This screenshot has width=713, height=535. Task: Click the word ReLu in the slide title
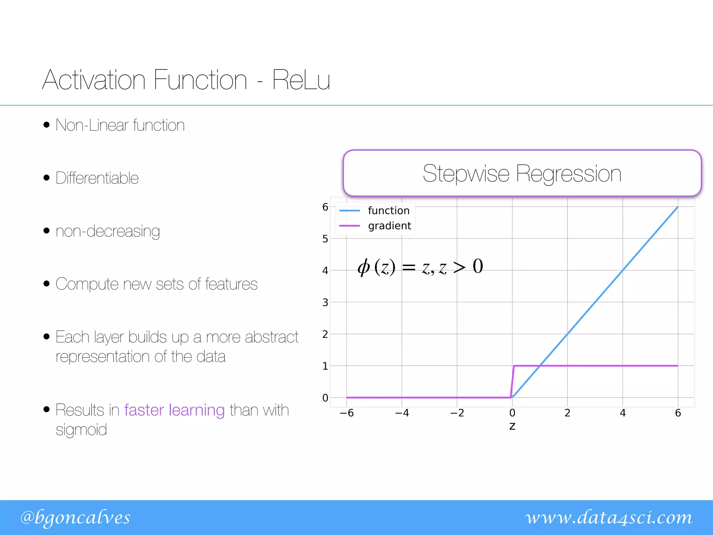(301, 80)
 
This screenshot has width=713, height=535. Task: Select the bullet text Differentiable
(97, 178)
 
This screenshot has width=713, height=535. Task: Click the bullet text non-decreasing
(108, 231)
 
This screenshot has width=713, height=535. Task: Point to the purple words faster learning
(174, 410)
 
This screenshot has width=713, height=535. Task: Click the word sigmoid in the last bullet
(81, 430)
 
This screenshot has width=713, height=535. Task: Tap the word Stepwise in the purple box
(466, 173)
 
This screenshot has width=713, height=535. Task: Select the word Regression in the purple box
(569, 173)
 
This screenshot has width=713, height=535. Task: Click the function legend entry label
(389, 211)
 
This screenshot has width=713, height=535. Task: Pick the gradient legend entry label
(390, 226)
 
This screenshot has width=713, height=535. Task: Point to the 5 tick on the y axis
(325, 239)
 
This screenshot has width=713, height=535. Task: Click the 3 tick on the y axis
(325, 302)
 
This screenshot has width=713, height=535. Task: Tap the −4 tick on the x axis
(402, 413)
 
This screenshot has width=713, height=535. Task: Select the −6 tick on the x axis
(346, 413)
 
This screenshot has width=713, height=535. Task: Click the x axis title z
(512, 426)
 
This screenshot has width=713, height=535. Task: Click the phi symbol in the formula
(364, 267)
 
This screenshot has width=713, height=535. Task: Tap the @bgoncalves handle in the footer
(75, 517)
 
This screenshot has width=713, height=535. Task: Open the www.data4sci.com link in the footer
(609, 517)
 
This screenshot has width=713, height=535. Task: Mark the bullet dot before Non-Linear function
(47, 125)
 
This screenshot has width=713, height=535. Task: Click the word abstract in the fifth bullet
(272, 337)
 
